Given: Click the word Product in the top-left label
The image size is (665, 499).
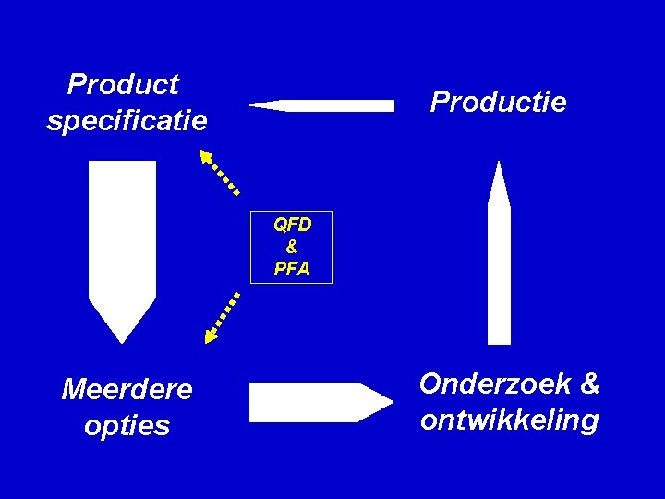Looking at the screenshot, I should coord(123,85).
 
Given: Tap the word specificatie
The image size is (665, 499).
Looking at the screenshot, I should coord(127,121).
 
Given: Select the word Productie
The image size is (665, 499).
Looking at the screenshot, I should coord(498,102).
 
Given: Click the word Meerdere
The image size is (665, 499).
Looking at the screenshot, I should coord(127,390).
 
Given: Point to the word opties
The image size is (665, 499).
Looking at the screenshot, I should coord(127,426).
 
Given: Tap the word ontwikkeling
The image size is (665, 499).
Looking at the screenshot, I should coord(509,420).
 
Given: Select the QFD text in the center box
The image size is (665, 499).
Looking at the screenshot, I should coord(292,225).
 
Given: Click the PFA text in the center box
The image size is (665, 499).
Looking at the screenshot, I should coord(292,270).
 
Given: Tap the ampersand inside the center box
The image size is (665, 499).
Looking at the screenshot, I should coord(292,247).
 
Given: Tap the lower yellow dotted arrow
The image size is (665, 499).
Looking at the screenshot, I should coord(222,317).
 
